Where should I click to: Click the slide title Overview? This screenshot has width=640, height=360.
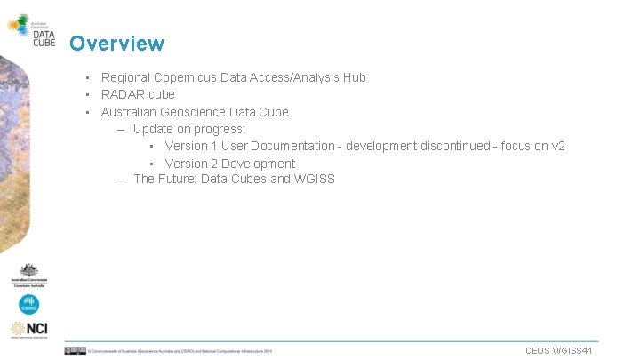tap(116, 44)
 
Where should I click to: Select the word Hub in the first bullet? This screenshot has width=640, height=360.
tap(354, 77)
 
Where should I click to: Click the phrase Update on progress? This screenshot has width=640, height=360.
tap(189, 129)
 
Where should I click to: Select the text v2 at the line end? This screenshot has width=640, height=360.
tap(557, 146)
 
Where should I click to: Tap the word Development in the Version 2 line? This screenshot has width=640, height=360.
tap(258, 164)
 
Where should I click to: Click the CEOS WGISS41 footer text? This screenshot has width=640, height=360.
tap(559, 351)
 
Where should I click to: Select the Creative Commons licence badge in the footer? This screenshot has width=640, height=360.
tap(75, 351)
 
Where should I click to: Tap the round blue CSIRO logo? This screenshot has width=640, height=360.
tap(29, 305)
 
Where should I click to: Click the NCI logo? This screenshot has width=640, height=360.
tap(29, 329)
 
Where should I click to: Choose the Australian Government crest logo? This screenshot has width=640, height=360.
tap(29, 275)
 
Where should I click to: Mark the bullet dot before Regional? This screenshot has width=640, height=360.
tap(88, 77)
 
